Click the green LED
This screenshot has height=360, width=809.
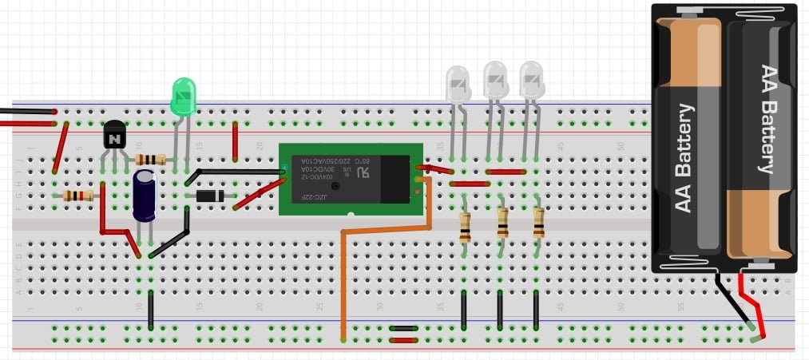tap(184, 96)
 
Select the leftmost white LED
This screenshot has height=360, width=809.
tap(458, 84)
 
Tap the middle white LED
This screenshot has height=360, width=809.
tap(495, 80)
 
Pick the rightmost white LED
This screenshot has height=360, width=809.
tap(532, 80)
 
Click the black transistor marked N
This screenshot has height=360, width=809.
tap(115, 136)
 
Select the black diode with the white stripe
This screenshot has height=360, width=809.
tap(209, 196)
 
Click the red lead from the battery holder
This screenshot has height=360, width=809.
tap(751, 303)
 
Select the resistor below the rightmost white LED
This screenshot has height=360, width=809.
tap(539, 224)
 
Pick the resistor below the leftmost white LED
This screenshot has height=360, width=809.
tap(465, 227)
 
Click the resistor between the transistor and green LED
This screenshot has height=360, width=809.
tap(151, 160)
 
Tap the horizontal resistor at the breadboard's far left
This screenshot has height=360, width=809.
tap(77, 196)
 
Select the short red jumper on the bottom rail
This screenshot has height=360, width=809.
tap(403, 340)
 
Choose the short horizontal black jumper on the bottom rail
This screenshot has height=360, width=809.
tap(403, 328)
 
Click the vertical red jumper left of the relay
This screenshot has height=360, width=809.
tap(235, 142)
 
